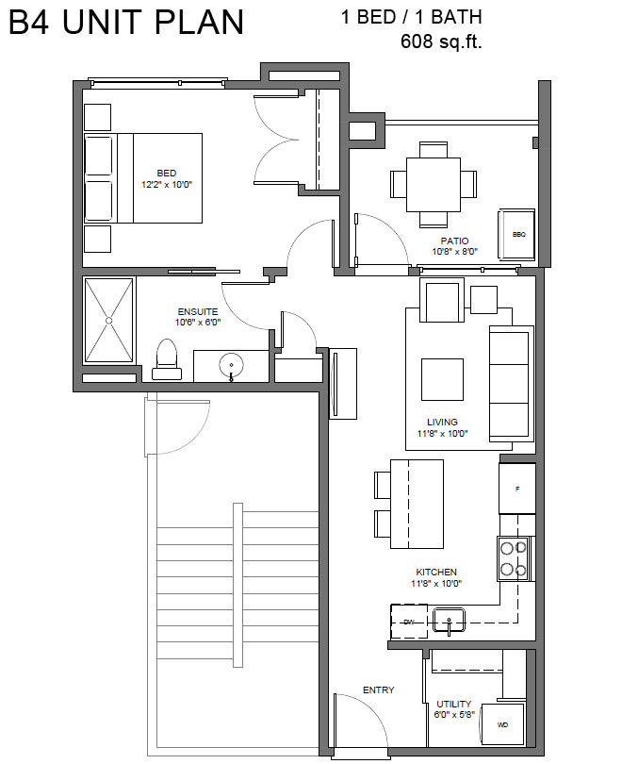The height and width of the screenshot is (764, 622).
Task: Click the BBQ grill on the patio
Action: pyautogui.click(x=516, y=234)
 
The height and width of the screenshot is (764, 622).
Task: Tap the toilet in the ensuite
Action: pyautogui.click(x=167, y=359)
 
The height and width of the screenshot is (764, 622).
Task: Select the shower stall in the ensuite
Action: pyautogui.click(x=108, y=320)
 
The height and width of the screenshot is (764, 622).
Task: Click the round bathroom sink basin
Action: pyautogui.click(x=231, y=364)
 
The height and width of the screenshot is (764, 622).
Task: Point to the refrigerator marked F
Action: pyautogui.click(x=516, y=489)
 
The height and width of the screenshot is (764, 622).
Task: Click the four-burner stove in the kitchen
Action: pyautogui.click(x=515, y=558)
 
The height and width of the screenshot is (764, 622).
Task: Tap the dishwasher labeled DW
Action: pyautogui.click(x=409, y=622)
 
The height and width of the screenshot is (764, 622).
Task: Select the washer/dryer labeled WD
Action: pyautogui.click(x=502, y=725)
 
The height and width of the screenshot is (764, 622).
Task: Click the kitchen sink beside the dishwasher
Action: pyautogui.click(x=449, y=619)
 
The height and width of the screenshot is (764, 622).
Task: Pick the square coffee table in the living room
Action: pyautogui.click(x=442, y=379)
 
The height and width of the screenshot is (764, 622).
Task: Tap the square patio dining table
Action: pyautogui.click(x=434, y=185)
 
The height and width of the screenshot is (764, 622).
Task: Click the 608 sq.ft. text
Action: pyautogui.click(x=441, y=42)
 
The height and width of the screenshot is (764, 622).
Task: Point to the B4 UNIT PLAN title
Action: pyautogui.click(x=126, y=22)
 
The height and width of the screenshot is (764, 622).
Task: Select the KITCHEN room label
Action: pyautogui.click(x=436, y=572)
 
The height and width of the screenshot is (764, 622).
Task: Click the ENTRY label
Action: pyautogui.click(x=379, y=689)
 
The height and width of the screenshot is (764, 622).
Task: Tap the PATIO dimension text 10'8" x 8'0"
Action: pyautogui.click(x=454, y=252)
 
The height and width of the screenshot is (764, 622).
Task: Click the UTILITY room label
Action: pyautogui.click(x=453, y=704)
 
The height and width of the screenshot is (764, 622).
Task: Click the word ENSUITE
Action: pyautogui.click(x=198, y=312)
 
